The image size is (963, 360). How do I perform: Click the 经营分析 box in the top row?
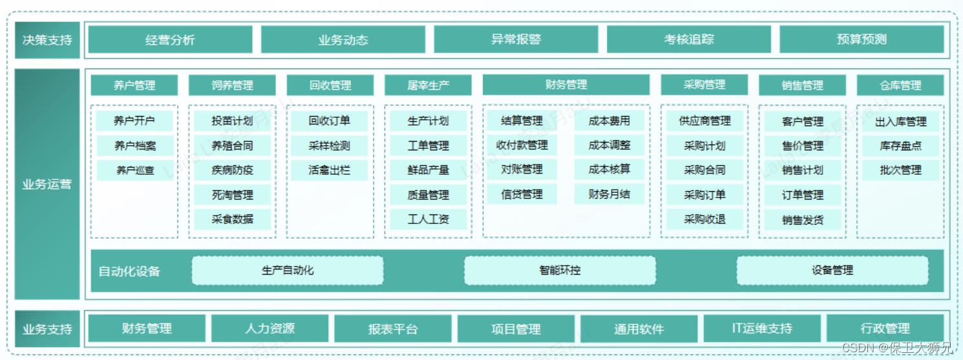pos(170,39)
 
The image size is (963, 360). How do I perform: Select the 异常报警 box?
pos(516,39)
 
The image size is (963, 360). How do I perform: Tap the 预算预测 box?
pos(861,39)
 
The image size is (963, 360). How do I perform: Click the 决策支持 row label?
pos(47,39)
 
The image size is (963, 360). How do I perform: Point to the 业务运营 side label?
pos(47,184)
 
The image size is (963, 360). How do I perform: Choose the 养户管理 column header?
pos(135,85)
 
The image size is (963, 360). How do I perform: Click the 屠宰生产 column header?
pos(428,85)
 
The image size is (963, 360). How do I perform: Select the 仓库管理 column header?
pos(900,85)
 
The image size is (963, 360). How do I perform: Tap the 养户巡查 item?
pos(135,170)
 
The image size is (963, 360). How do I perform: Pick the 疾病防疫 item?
pos(232,170)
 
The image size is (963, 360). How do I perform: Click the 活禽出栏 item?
pos(329,170)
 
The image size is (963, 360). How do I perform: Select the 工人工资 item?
pos(428,219)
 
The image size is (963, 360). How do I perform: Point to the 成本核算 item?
pos(609,169)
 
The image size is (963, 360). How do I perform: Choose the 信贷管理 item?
pos(521,194)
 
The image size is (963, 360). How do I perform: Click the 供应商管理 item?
pos(704,121)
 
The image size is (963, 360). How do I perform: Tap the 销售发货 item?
pos(802,219)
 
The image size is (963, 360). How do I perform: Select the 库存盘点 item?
pos(900,146)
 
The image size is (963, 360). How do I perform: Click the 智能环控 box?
pos(560,270)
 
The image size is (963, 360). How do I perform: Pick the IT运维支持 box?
pos(762,328)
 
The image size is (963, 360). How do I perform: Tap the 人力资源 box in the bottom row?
pos(270,328)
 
